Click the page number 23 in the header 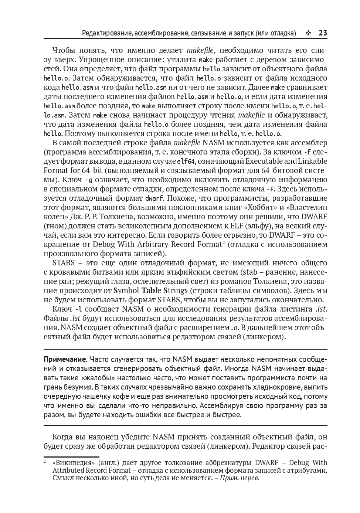(x=323, y=33)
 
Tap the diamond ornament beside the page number (x=308, y=33)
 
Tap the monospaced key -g (x=88, y=180)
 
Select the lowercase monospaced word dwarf (x=154, y=198)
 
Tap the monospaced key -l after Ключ (x=78, y=309)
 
